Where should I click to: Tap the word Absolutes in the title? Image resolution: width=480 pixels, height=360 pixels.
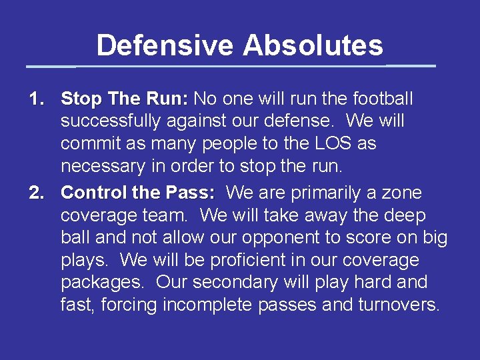click(x=313, y=46)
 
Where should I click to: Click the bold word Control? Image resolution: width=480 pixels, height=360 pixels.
click(x=94, y=193)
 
